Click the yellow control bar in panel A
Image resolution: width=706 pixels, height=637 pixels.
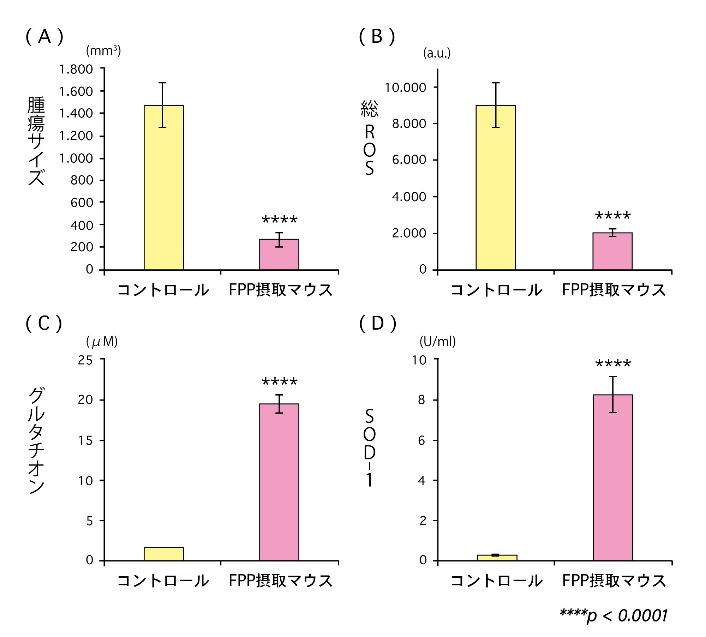pos(163,187)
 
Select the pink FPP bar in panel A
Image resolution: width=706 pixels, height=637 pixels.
pos(279,254)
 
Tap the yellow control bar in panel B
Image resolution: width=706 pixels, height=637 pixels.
pos(496,187)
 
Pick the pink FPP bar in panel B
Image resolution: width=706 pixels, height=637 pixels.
pos(612,251)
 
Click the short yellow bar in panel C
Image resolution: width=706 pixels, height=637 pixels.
pos(163,554)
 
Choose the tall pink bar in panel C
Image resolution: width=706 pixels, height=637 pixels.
pos(279,482)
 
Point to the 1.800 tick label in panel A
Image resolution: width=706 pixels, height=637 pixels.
pos(76,69)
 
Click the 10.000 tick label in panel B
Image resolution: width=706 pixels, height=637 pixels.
pos(405,88)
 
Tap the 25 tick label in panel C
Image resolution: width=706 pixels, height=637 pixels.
pos(85,360)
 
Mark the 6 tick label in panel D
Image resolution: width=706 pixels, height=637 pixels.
pos(421,440)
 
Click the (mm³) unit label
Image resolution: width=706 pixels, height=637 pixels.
pos(103,51)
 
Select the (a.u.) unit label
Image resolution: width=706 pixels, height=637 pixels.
pos(437,53)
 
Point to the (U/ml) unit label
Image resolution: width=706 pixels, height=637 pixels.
pos(437,341)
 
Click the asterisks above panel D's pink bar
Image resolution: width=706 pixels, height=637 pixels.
pos(613,363)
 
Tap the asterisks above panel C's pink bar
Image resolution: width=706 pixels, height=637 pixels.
pos(280,382)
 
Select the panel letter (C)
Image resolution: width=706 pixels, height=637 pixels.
pos(44,323)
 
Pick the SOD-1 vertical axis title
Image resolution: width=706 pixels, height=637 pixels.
pos(369,447)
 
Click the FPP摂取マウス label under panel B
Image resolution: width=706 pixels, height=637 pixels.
pos(614,290)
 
